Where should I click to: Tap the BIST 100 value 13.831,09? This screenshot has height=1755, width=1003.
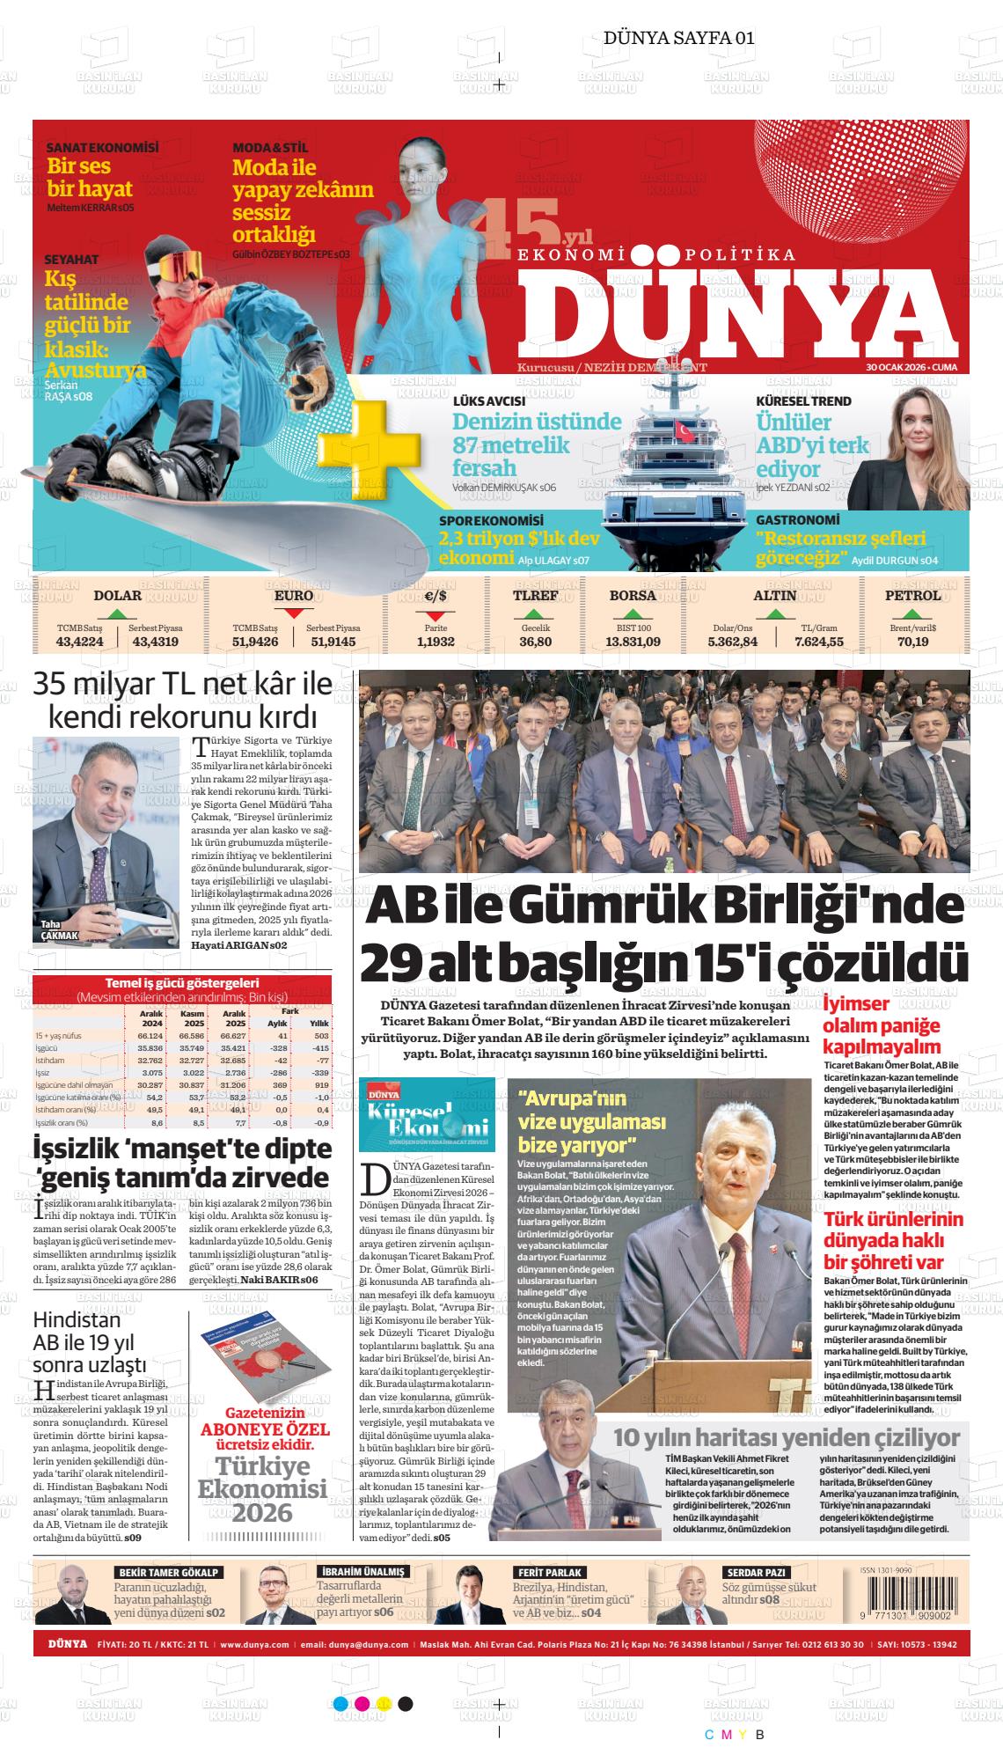pos(633,642)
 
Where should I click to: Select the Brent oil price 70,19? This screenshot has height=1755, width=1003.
pos(912,642)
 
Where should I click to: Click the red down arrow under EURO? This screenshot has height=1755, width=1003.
pos(294,613)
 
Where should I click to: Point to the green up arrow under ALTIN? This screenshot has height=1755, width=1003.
pos(776,613)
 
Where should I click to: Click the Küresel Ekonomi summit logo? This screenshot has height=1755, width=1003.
pos(427,1114)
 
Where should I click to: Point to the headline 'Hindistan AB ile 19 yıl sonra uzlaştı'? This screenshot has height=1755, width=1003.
pos(89,1342)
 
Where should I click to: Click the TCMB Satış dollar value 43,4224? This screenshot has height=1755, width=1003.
pos(79,642)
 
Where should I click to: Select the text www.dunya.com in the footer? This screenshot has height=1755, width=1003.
pos(254,1644)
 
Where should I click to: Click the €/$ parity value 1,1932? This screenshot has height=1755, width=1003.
pos(435,642)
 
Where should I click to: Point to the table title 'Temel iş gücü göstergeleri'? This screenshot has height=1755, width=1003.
pos(181,983)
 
